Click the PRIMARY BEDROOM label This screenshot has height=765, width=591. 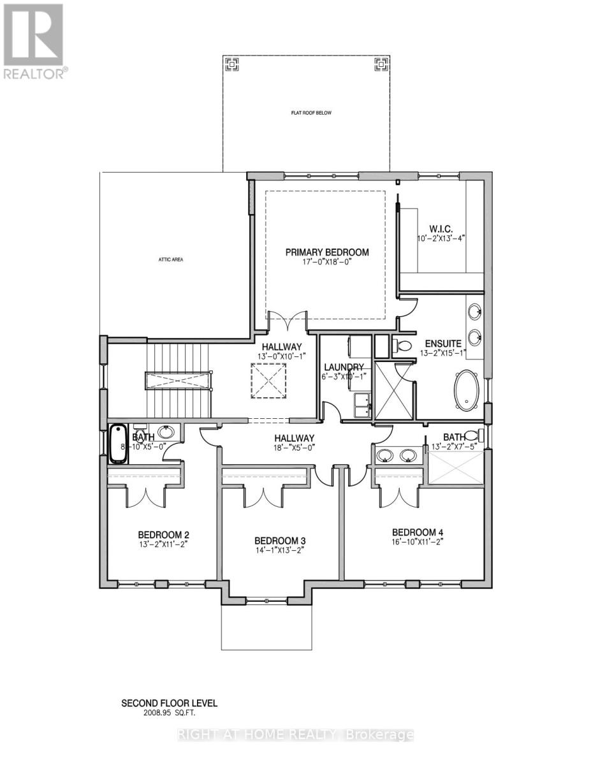[x=327, y=252]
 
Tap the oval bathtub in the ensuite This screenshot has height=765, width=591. [x=469, y=390]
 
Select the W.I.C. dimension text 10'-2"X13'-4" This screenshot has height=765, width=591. [x=442, y=238]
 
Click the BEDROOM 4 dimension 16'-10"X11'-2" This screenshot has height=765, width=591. [x=417, y=543]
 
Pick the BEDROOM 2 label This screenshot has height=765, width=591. [x=164, y=534]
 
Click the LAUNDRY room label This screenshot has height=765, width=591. [x=344, y=367]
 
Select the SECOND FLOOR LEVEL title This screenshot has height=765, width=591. [x=170, y=703]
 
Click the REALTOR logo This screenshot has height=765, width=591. [x=33, y=41]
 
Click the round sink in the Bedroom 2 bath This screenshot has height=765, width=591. [x=166, y=432]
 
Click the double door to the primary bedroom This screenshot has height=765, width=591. [x=288, y=322]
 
